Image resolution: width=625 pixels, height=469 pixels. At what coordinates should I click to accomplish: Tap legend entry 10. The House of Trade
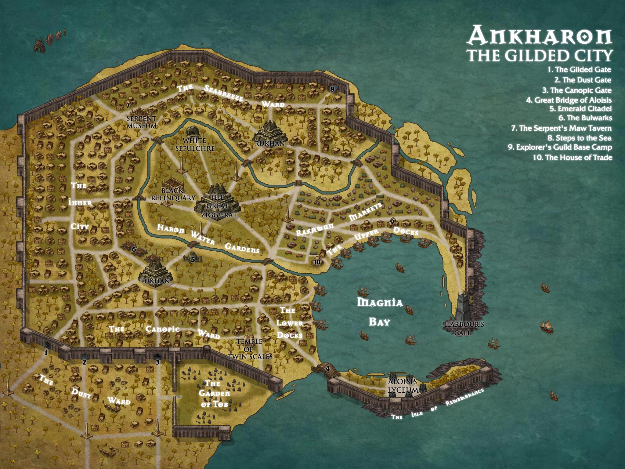573,158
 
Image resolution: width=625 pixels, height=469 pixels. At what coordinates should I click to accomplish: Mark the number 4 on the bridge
328,368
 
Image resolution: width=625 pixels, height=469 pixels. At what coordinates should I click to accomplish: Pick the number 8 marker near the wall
332,89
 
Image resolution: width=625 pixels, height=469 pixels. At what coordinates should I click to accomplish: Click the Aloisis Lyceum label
403,386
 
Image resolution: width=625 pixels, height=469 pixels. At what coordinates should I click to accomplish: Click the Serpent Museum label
141,122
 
